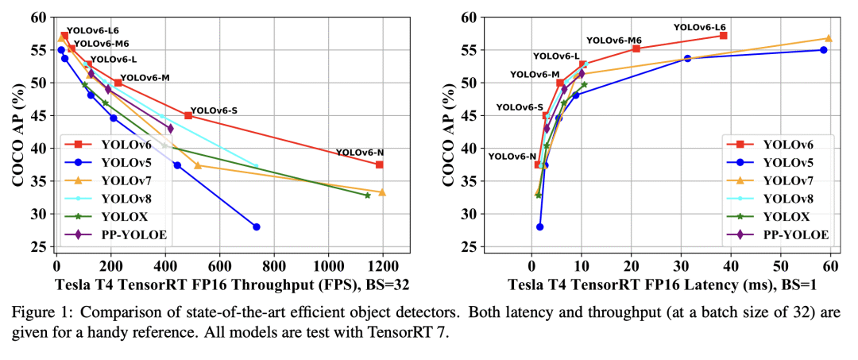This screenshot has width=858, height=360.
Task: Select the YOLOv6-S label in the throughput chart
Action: click(x=214, y=110)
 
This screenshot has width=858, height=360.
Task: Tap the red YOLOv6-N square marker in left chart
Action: click(x=380, y=165)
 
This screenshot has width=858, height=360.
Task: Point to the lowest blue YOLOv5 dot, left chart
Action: click(x=256, y=226)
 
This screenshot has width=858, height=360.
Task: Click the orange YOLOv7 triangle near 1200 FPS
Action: click(x=382, y=192)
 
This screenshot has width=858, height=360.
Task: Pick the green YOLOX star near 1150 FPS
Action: click(x=367, y=195)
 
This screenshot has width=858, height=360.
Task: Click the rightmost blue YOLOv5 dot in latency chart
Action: click(x=823, y=50)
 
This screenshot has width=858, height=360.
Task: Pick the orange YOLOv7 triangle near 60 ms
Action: click(x=829, y=38)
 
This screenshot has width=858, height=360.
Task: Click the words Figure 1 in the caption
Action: click(x=37, y=311)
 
